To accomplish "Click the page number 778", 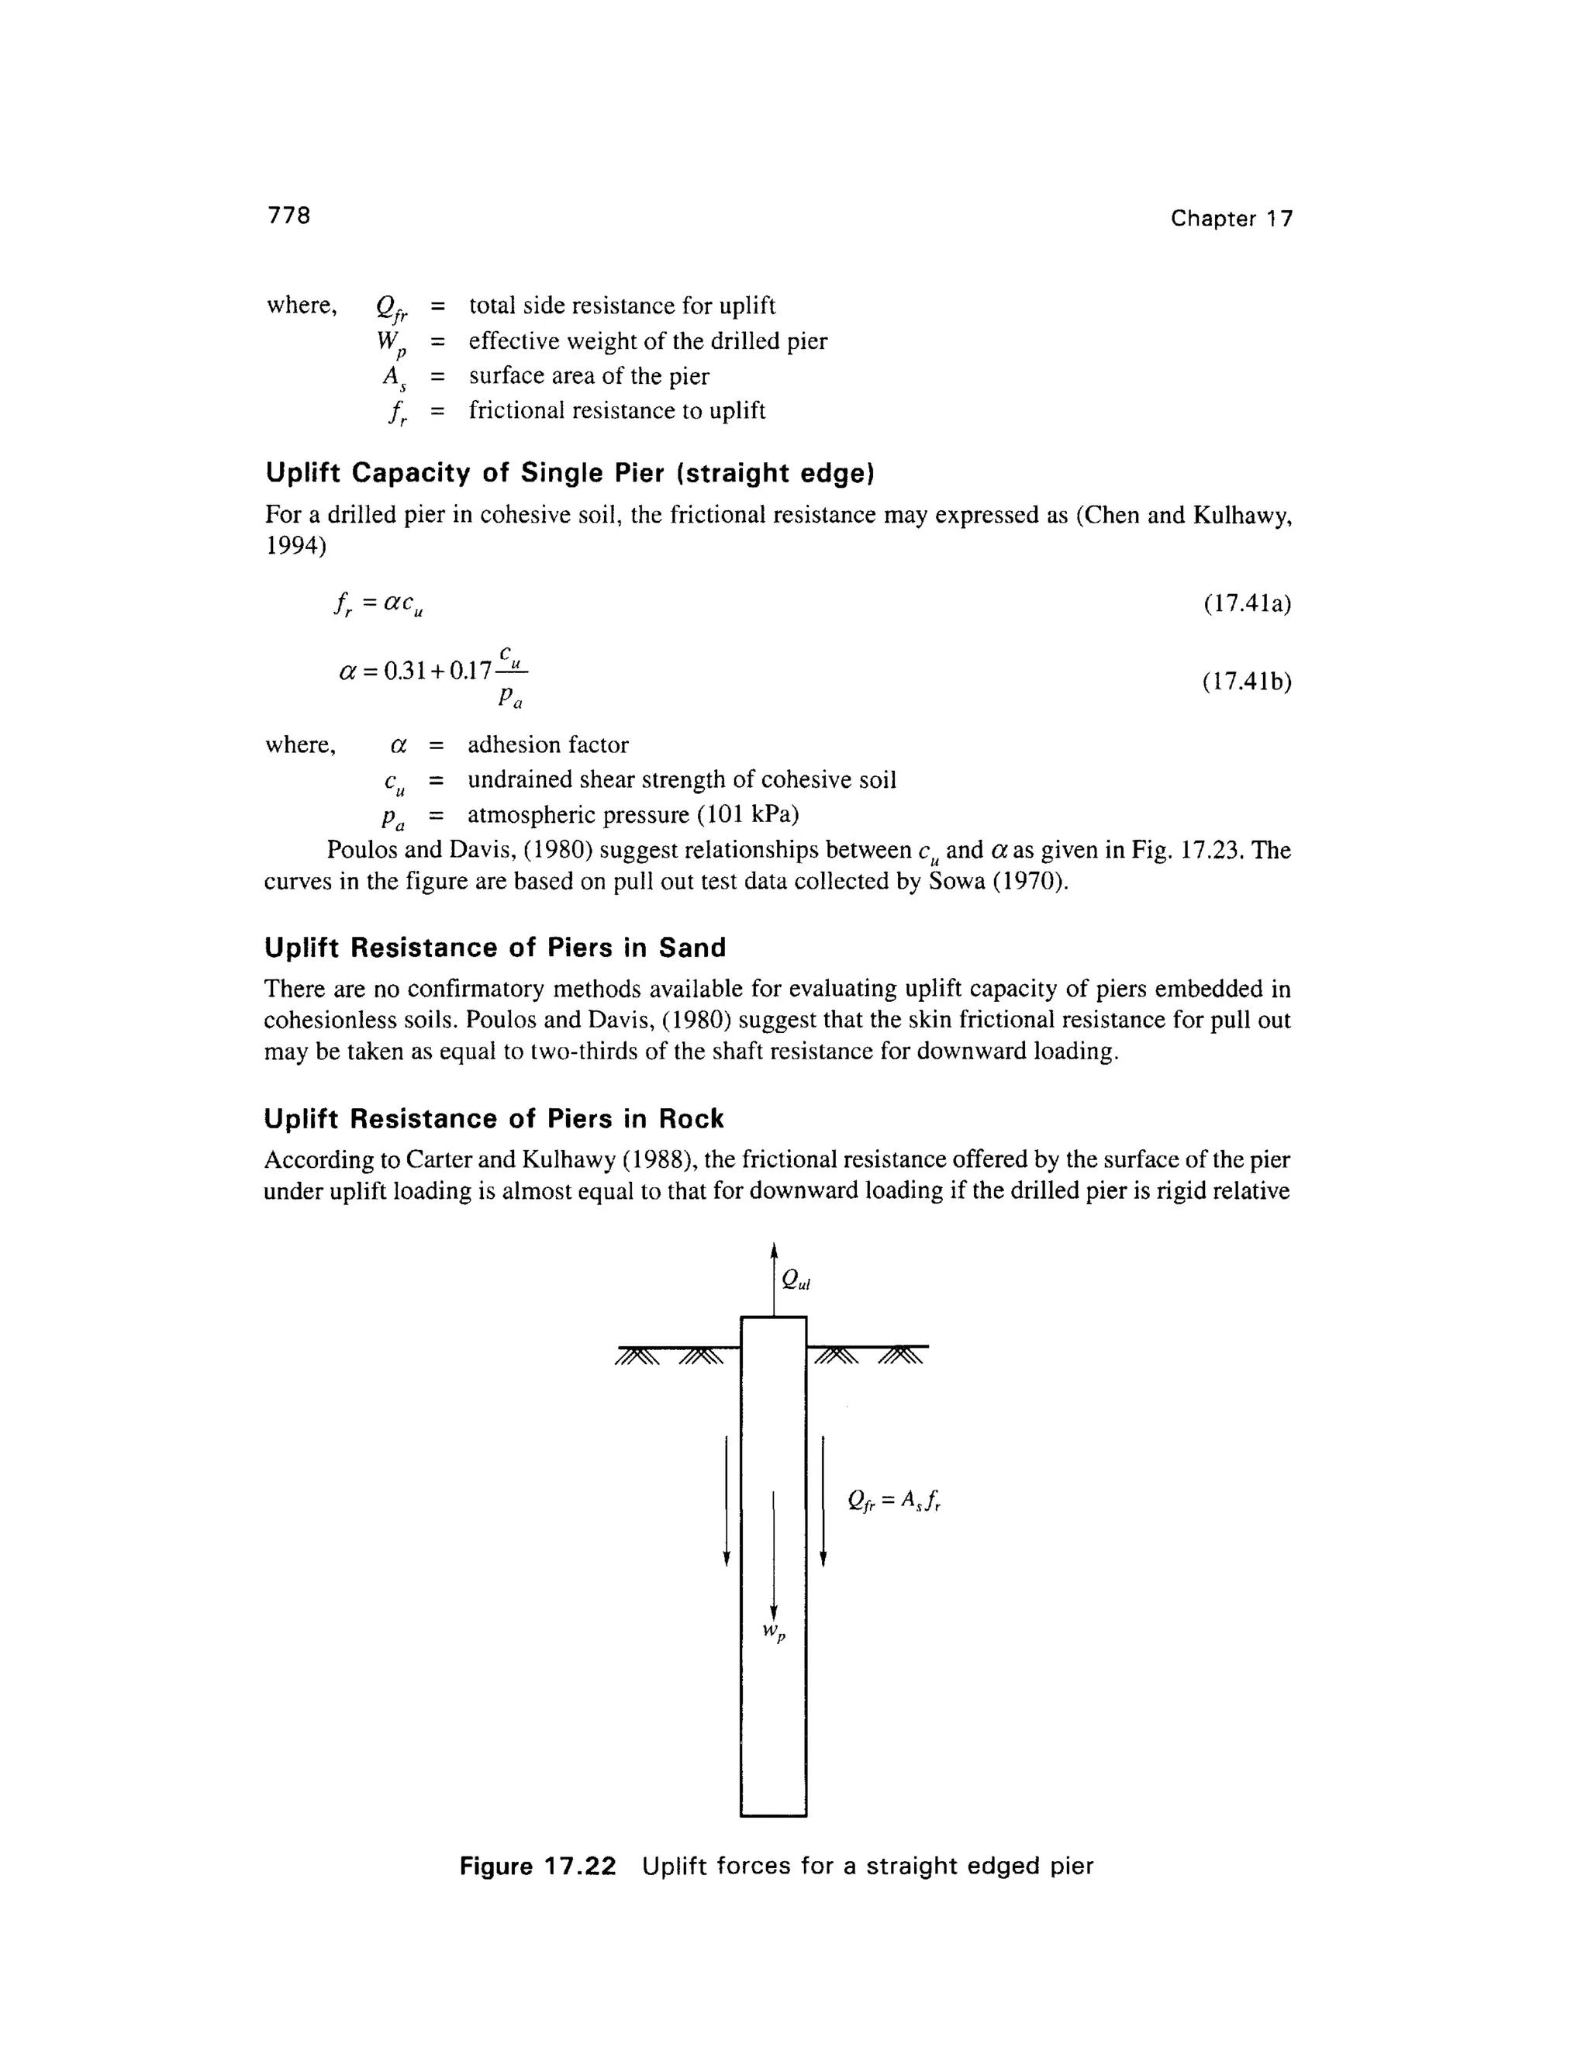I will point(288,216).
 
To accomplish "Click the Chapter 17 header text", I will point(1231,219).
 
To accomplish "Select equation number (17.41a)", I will point(1247,603).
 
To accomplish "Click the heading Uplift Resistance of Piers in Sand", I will point(495,948).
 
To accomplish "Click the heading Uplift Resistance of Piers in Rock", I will point(494,1119).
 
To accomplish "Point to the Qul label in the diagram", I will point(796,1280).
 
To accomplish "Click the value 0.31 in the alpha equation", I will point(406,671).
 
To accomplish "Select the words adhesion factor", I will point(547,745).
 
